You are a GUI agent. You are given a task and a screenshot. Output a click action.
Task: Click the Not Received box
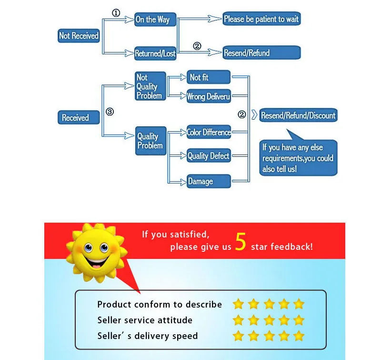[79, 36]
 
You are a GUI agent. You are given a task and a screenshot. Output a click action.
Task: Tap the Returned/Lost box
[155, 53]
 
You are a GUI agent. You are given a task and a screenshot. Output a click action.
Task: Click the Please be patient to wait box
[261, 19]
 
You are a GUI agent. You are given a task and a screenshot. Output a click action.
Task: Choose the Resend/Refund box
[261, 52]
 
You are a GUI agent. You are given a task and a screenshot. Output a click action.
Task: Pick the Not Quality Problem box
[150, 86]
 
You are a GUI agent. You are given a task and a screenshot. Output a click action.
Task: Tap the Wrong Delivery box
[209, 96]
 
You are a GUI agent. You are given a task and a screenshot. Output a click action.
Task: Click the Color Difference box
[209, 132]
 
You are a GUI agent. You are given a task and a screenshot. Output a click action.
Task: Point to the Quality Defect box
[209, 156]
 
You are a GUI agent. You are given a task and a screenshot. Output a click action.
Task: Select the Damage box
[209, 181]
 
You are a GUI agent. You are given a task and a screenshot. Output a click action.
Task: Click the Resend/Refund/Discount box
[298, 115]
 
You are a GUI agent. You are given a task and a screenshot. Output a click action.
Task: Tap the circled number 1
[116, 13]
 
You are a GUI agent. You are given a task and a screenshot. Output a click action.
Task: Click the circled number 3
[110, 112]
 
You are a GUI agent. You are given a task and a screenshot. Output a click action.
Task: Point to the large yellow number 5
[241, 243]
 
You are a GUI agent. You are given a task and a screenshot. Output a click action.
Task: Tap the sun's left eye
[88, 247]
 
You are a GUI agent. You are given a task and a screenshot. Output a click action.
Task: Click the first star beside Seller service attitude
[238, 320]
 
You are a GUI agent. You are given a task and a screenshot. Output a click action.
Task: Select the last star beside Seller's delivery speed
[299, 336]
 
